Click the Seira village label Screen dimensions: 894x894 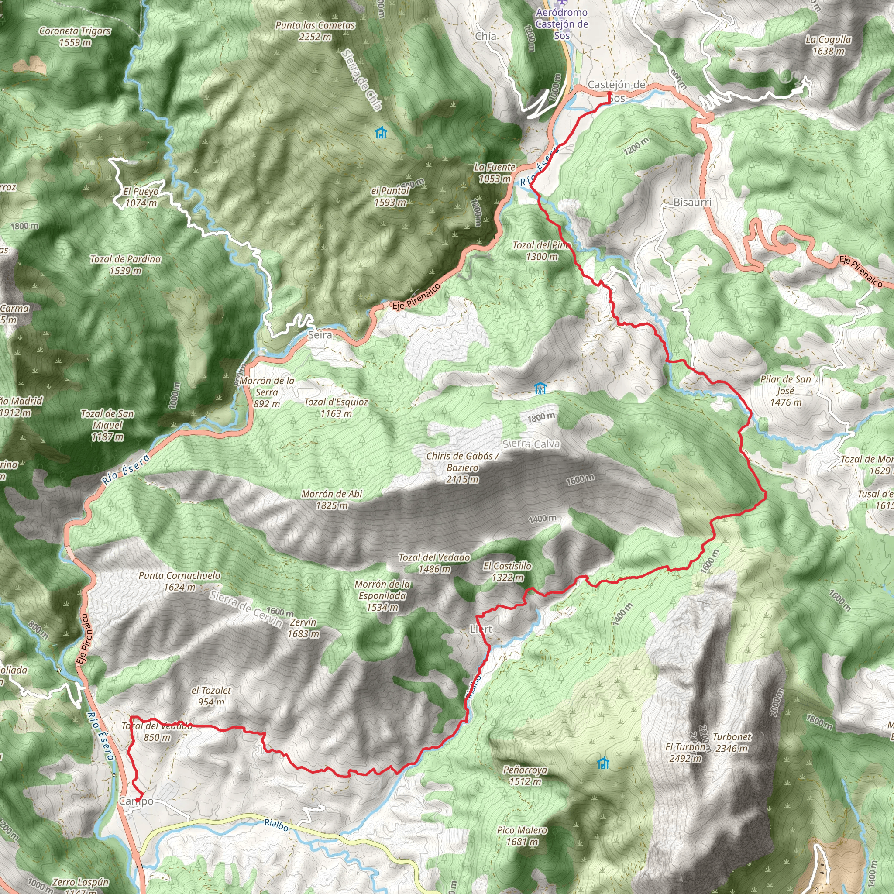pos(320,334)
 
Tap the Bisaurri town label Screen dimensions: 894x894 pos(692,202)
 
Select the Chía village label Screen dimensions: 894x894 pos(485,36)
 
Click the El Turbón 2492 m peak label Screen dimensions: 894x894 pos(685,753)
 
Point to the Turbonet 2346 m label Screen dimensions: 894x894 pos(731,742)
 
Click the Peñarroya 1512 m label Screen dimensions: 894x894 pos(525,776)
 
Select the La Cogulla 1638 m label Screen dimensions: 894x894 pos(828,45)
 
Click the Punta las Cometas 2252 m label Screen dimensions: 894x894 pos(315,31)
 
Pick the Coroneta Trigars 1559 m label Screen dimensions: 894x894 pos(75,37)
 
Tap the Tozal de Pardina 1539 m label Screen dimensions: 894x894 pos(125,265)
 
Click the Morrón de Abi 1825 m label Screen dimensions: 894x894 pos(332,500)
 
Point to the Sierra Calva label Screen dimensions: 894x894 pos(531,444)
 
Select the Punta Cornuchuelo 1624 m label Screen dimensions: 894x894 pos(179,581)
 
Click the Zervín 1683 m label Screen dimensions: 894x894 pos(303,628)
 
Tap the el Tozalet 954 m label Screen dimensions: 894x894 pos(211,696)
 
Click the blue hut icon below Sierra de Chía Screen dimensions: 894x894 pos(381,133)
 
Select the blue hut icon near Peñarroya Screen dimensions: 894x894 pos(602,763)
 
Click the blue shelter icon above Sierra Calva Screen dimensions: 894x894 pos(540,388)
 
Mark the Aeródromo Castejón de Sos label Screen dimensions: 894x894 pos(562,24)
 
